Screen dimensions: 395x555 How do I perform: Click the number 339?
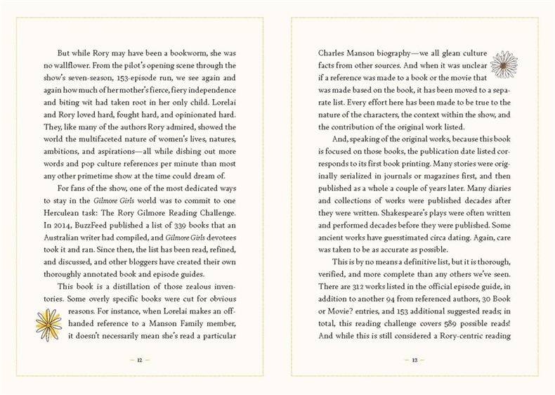[174, 226]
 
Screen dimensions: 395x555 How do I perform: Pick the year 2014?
[57, 226]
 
